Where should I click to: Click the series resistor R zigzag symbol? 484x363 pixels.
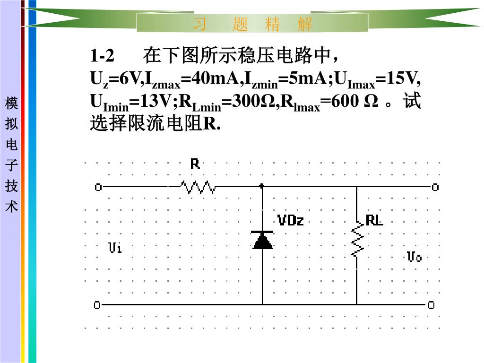[x=198, y=188]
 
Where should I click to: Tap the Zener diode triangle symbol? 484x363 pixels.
[x=263, y=240]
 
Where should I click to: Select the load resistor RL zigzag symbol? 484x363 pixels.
[x=357, y=241]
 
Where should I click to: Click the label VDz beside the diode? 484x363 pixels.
[x=291, y=220]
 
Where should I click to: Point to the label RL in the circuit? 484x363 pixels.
[x=374, y=220]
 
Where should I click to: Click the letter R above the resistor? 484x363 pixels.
[x=195, y=164]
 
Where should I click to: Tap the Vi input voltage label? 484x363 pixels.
[x=115, y=247]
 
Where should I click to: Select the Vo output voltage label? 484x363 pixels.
[x=414, y=257]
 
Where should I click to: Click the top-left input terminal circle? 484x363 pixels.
[x=98, y=187]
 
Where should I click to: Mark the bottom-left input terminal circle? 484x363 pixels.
[x=97, y=305]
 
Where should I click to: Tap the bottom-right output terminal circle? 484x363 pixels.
[x=431, y=305]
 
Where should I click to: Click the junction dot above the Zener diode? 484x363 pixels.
[x=262, y=186]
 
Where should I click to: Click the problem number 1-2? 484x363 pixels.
[x=102, y=56]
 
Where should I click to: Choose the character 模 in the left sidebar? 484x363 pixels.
[x=11, y=103]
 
